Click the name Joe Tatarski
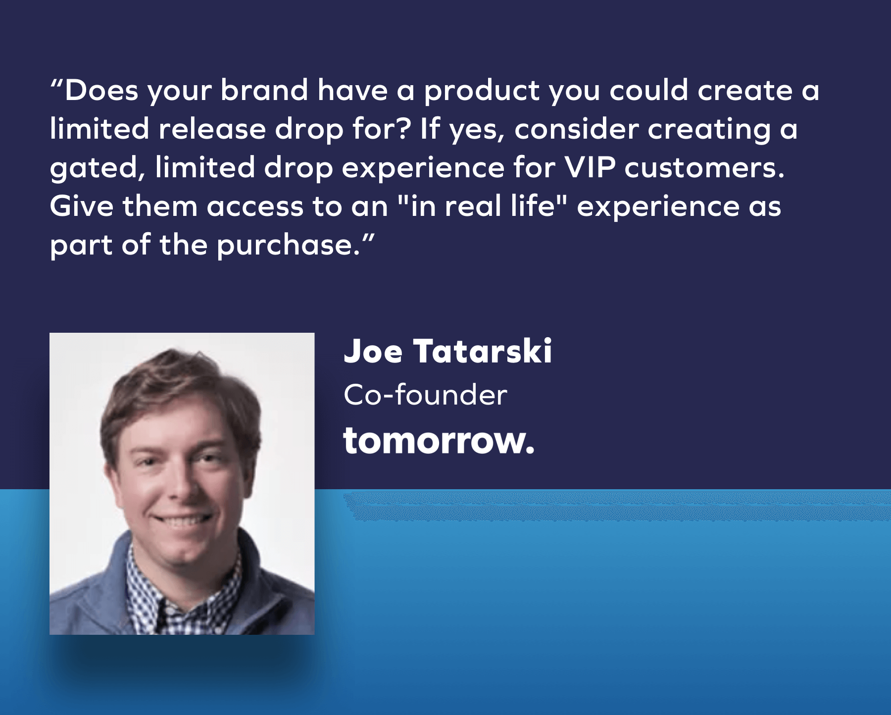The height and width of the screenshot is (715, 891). [x=447, y=351]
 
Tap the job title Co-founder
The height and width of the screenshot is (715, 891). [x=425, y=395]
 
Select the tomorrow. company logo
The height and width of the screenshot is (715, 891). [x=439, y=441]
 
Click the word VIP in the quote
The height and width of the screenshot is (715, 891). [x=590, y=167]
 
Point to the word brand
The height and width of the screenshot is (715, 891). [x=264, y=90]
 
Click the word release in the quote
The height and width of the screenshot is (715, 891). [x=212, y=129]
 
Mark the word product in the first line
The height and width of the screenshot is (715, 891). [x=482, y=91]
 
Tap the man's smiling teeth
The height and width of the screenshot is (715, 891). [x=183, y=521]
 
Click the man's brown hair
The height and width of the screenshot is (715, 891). [x=178, y=391]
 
